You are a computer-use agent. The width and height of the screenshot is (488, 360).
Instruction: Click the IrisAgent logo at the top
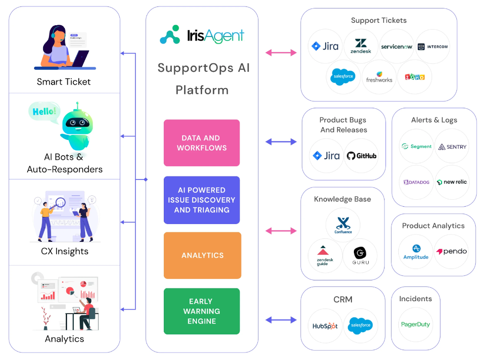(201, 35)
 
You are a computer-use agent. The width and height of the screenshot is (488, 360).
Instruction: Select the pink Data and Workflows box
(201, 143)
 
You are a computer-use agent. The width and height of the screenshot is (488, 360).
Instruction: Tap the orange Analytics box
(202, 255)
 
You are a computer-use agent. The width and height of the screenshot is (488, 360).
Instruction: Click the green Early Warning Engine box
(201, 311)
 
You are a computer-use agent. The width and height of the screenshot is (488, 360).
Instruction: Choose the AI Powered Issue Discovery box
(201, 200)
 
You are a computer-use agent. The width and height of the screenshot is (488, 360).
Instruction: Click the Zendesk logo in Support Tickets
(360, 46)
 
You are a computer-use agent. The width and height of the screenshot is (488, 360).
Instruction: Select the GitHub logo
(361, 156)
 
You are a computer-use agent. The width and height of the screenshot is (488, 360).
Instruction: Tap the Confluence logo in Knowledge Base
(343, 225)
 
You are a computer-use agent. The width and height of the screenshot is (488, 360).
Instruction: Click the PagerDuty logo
(415, 325)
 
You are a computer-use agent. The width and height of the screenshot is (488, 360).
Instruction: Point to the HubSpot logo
(325, 326)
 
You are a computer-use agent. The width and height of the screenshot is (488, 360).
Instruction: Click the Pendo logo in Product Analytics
(451, 251)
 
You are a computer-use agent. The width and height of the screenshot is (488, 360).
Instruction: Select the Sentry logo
(451, 147)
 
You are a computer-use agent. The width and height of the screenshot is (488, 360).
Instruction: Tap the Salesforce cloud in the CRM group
(361, 325)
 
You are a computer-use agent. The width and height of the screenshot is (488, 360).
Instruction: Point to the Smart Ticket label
(64, 82)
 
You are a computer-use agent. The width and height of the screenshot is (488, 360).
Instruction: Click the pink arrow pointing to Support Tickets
(281, 52)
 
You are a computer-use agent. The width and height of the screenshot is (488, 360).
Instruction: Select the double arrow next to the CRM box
(281, 320)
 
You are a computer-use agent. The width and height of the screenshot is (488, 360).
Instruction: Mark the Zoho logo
(414, 77)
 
